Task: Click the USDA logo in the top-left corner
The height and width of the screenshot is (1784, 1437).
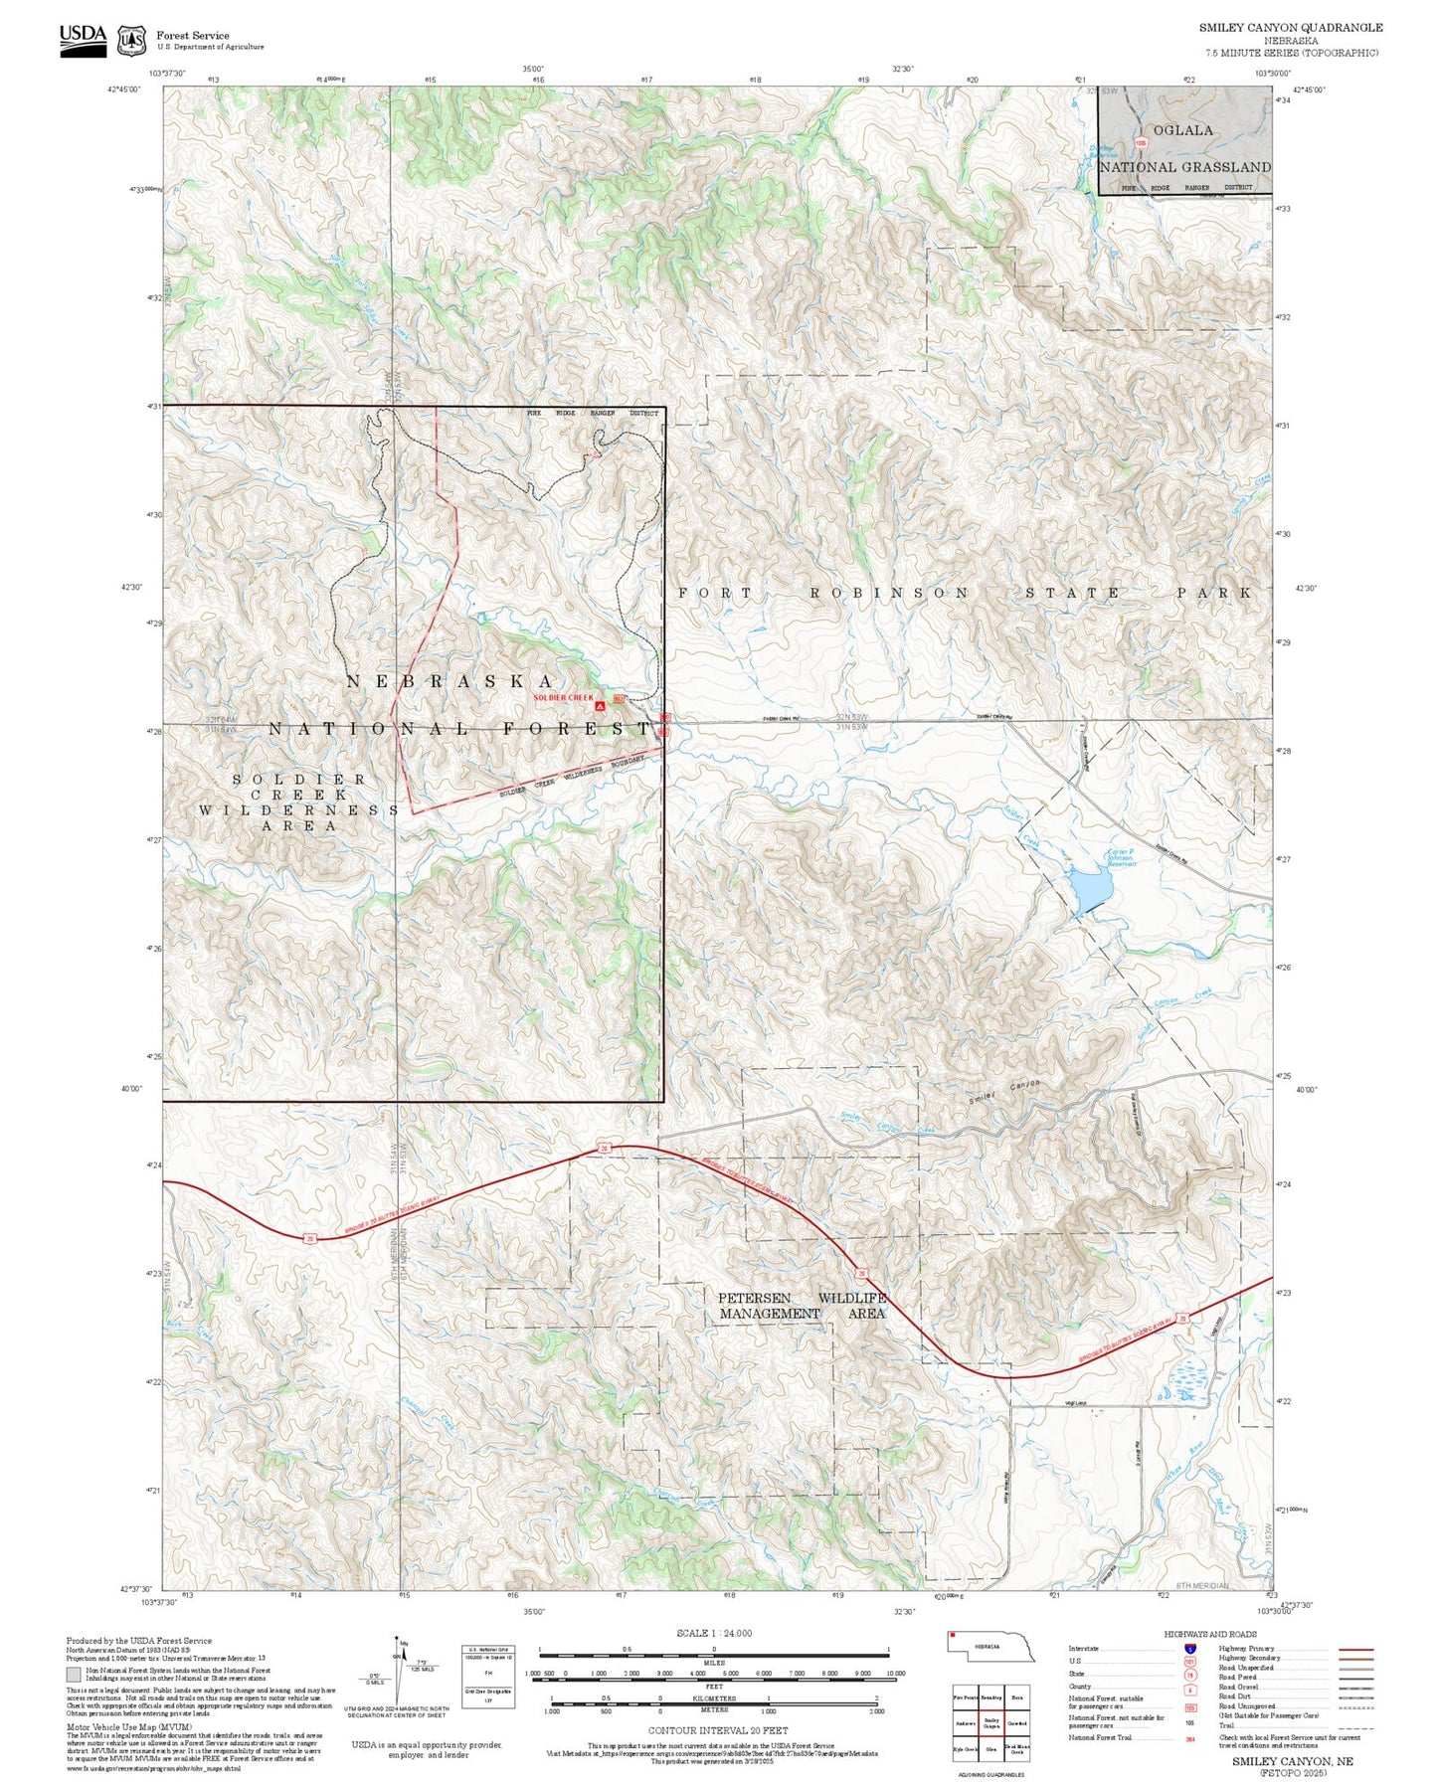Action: (83, 40)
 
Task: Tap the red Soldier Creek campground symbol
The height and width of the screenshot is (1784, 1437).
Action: (600, 706)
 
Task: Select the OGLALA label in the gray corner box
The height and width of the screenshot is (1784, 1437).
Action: (1182, 130)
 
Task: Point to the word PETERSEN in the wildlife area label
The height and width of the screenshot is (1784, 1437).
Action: (755, 1298)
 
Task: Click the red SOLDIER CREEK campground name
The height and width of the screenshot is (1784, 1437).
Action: (563, 697)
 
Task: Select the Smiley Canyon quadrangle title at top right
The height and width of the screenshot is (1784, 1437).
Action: (1290, 28)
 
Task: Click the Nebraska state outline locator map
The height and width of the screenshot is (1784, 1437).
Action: (990, 1647)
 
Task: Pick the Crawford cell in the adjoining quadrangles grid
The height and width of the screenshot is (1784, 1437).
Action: (1016, 1723)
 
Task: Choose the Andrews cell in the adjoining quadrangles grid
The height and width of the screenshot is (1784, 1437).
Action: (966, 1723)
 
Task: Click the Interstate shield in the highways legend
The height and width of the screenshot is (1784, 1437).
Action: (1189, 1649)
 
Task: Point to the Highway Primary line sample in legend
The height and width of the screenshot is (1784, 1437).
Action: (1356, 1649)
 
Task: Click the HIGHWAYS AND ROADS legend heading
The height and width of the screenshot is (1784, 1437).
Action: (1210, 1634)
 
